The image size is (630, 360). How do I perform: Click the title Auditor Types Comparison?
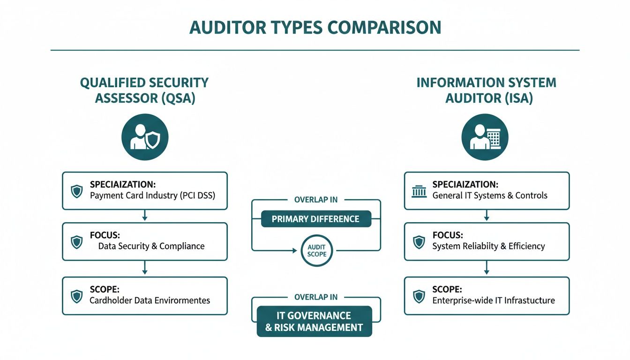(315, 27)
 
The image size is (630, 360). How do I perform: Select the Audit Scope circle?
(316, 251)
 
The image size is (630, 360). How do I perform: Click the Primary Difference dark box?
(315, 219)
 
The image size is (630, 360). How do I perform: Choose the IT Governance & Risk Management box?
(315, 321)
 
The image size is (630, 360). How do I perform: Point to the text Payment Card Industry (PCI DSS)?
(152, 195)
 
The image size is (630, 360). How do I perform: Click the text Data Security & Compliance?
(151, 246)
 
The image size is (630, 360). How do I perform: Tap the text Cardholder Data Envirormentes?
(150, 300)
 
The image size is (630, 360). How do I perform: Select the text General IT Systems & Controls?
(490, 195)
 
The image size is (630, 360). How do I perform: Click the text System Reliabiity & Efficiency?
(488, 246)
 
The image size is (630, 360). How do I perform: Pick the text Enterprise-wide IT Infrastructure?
(494, 300)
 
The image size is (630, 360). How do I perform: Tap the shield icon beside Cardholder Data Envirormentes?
(76, 296)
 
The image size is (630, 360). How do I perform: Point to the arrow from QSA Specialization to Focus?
(144, 216)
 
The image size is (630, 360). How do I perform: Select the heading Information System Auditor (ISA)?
(486, 90)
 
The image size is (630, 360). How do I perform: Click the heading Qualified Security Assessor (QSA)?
(144, 90)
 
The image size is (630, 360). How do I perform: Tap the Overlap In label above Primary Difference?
(315, 200)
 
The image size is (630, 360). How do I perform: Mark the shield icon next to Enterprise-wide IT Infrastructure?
(419, 296)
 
